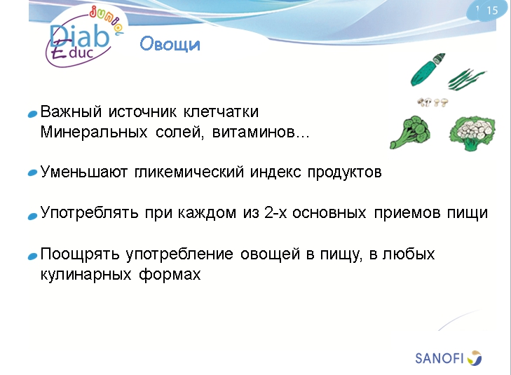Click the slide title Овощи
click(x=170, y=45)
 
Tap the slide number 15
click(x=491, y=10)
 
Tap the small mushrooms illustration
click(x=432, y=102)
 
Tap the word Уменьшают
click(x=84, y=172)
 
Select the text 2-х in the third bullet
click(x=267, y=213)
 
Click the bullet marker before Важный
click(x=32, y=114)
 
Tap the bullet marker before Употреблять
click(x=32, y=215)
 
